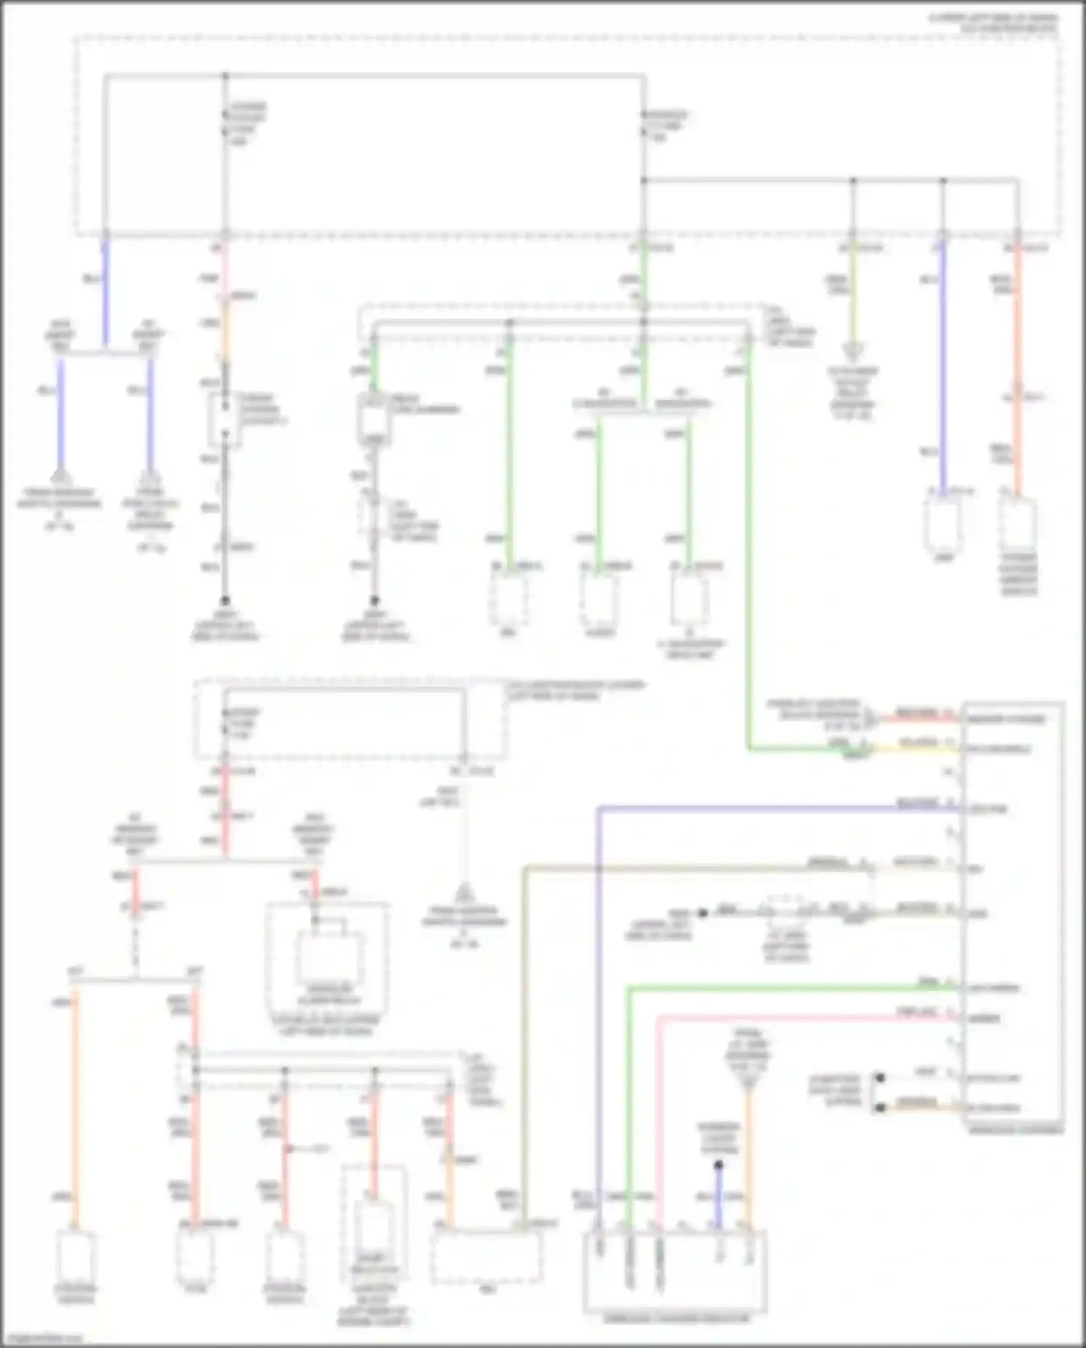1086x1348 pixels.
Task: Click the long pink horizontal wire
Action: pos(797,1018)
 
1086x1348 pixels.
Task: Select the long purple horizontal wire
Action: pos(761,808)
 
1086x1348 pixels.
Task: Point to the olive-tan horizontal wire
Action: pos(688,867)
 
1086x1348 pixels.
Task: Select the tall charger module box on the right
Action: pos(1013,913)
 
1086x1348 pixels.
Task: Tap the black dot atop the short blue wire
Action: pos(718,1165)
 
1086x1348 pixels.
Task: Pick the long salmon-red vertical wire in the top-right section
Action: pos(1018,362)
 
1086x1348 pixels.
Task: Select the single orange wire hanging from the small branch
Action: pos(75,1101)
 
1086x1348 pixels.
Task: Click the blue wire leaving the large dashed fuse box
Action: pos(105,290)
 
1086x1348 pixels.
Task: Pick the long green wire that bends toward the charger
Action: pos(748,543)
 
